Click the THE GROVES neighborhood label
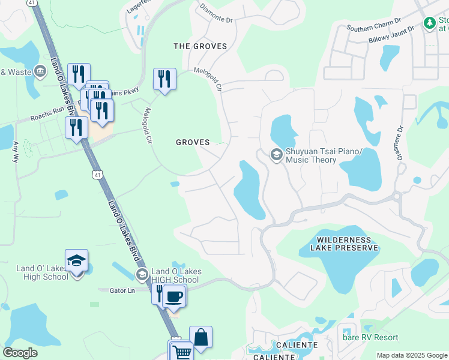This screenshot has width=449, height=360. click(x=200, y=46)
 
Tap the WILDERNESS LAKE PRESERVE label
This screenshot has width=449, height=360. click(x=345, y=243)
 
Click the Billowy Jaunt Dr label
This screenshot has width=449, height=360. click(x=391, y=35)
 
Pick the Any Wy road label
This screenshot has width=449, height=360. click(x=16, y=152)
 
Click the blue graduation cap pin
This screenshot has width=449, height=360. click(x=76, y=261)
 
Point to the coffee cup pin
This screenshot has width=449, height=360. click(x=174, y=296)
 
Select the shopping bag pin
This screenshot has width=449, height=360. click(x=200, y=338)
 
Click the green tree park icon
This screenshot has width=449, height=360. click(x=429, y=23)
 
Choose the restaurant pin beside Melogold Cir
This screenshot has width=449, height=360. click(x=164, y=79)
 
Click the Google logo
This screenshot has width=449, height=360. click(x=20, y=353)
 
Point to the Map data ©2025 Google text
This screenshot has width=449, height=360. click(x=411, y=355)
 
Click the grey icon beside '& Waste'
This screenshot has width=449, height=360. click(x=41, y=71)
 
